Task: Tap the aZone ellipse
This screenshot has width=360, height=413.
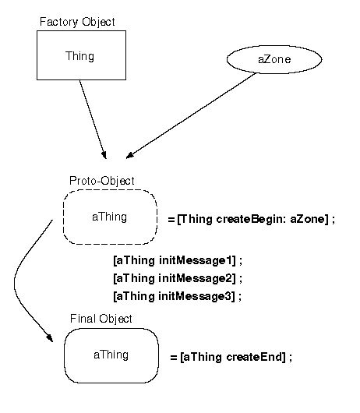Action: (x=263, y=58)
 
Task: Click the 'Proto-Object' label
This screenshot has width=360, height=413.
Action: (x=101, y=181)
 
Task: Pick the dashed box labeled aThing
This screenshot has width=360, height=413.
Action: (x=110, y=217)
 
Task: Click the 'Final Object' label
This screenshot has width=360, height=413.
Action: (x=101, y=319)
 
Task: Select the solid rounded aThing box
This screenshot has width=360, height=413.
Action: (x=111, y=355)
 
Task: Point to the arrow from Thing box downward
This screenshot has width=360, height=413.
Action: (x=92, y=117)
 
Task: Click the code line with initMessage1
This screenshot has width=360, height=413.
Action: (x=178, y=260)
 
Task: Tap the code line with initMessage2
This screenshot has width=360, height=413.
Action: (x=178, y=278)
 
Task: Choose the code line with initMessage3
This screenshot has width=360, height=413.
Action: (x=178, y=296)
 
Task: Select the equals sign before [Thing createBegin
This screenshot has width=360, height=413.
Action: (x=171, y=220)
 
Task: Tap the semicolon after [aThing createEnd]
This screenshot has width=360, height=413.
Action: (x=290, y=357)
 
